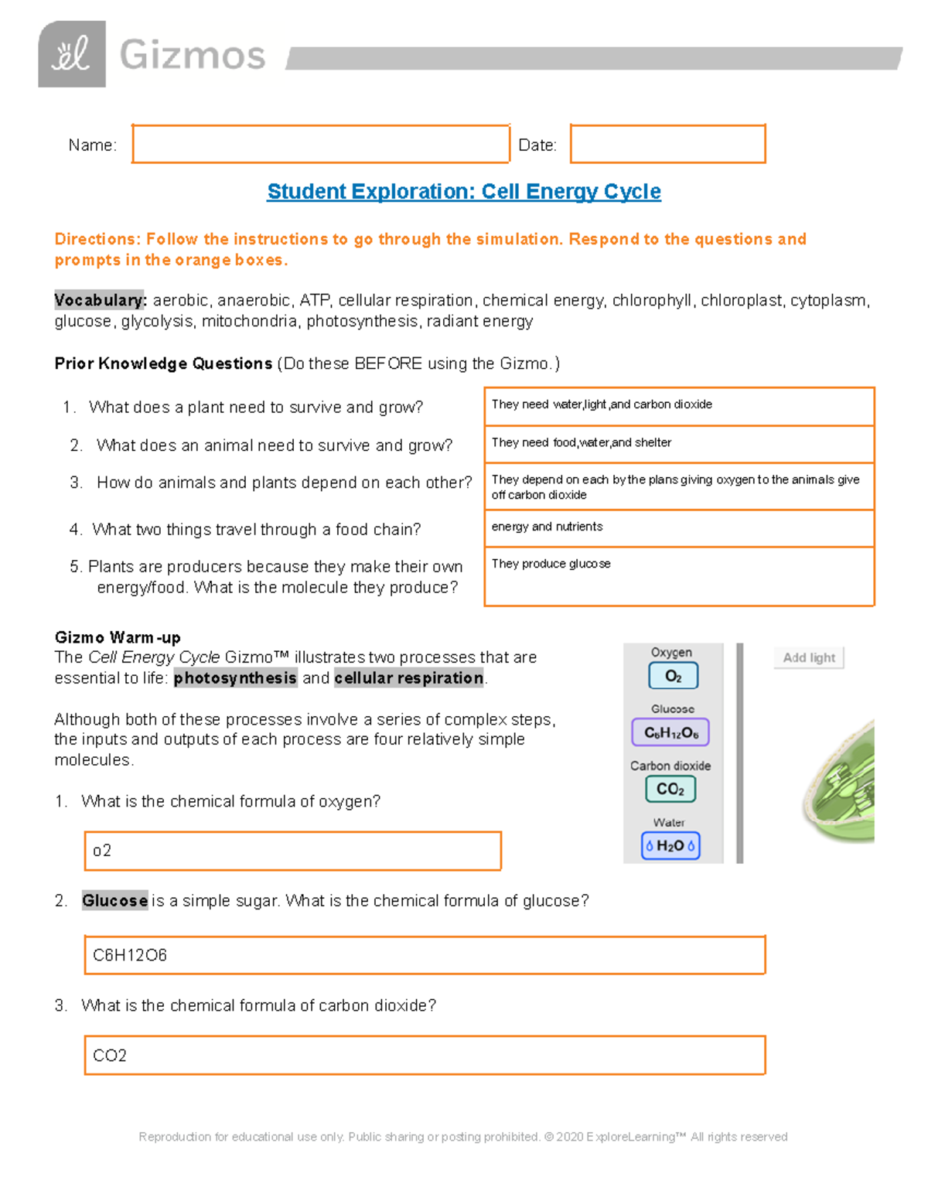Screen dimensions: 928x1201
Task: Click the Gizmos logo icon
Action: (72, 54)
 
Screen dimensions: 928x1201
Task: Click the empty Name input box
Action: (320, 144)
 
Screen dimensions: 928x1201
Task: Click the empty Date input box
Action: (667, 144)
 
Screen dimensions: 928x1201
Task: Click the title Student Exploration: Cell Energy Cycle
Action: (464, 191)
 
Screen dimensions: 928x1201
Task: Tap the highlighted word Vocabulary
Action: (100, 300)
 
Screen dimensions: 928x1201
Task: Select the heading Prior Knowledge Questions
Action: (163, 363)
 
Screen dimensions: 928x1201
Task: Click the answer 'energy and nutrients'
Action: (547, 527)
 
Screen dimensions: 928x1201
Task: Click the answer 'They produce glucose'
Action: (551, 564)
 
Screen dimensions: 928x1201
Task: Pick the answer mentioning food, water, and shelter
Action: (582, 442)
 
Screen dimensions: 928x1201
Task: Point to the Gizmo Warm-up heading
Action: (118, 637)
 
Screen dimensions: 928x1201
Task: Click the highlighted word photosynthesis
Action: (235, 678)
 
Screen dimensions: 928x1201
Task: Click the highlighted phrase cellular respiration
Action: (409, 678)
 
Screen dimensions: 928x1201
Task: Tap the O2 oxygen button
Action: (673, 676)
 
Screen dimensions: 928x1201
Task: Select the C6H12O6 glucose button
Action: (670, 732)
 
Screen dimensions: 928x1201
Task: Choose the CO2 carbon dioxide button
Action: (670, 789)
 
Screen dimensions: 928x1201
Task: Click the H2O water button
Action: (670, 845)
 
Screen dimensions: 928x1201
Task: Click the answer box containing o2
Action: (292, 851)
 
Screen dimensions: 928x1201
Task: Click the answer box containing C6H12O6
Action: (424, 955)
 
